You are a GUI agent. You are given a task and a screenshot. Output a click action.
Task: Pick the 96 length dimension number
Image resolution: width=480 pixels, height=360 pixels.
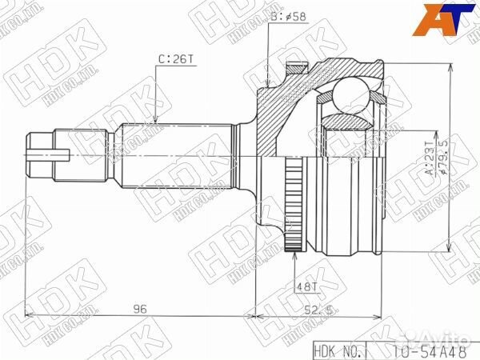[138, 307]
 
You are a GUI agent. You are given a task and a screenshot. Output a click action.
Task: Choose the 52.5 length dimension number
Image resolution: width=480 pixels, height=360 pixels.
[322, 308]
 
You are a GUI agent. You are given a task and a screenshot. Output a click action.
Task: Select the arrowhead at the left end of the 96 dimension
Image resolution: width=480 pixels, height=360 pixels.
[30, 316]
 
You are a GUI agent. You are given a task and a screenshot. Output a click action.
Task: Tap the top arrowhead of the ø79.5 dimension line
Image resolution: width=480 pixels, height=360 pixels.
[454, 66]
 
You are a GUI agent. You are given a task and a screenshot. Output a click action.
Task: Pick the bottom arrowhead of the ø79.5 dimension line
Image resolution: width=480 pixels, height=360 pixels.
[454, 247]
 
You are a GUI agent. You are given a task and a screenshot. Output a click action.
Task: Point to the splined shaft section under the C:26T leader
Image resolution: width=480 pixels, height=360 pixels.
[176, 152]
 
